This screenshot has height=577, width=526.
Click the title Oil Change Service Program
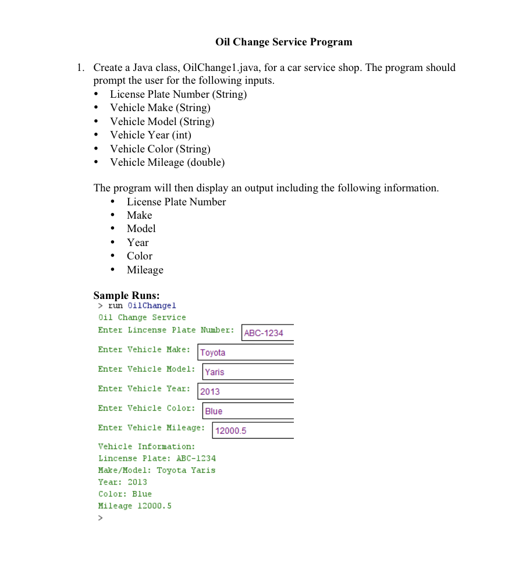tap(283, 42)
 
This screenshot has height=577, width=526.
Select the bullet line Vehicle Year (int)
tap(151, 135)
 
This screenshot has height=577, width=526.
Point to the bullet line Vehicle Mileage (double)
tap(167, 162)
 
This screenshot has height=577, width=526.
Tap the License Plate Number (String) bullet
tap(178, 94)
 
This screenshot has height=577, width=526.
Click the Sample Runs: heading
tap(126, 295)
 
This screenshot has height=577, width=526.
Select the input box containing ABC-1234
tap(268, 333)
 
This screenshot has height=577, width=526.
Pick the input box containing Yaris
tap(248, 372)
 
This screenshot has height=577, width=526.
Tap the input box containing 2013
tap(246, 391)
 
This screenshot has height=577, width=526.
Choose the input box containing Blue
tap(248, 411)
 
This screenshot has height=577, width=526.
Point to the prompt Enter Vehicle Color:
tap(147, 408)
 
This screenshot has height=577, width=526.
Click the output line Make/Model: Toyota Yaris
tap(157, 470)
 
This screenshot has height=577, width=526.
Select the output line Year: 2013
tap(122, 482)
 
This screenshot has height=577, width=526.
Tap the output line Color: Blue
tap(125, 494)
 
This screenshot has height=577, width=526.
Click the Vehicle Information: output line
tap(147, 447)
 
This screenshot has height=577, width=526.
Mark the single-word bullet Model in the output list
tap(141, 229)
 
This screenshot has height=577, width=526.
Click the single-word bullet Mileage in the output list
tap(145, 270)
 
